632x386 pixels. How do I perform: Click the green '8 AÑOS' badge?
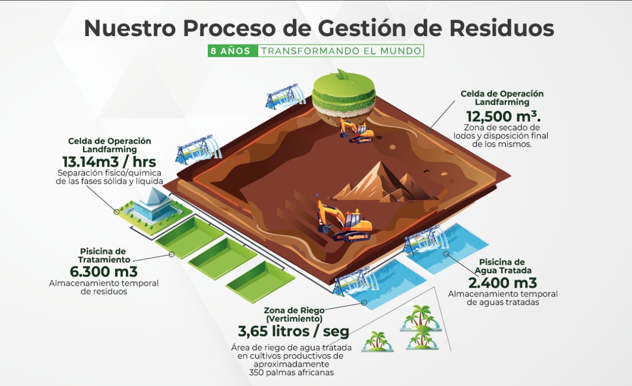233,51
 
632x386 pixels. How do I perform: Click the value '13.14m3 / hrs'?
109,162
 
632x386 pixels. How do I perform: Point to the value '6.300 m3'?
104,271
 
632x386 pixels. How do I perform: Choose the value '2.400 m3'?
503,283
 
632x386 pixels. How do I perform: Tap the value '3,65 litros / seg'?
293,331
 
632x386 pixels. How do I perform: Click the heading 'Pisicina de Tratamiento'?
103,256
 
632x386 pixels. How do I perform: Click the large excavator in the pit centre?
345,220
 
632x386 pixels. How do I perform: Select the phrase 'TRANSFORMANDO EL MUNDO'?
341,51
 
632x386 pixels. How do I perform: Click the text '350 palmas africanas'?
291,372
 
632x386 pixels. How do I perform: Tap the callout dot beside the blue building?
117,212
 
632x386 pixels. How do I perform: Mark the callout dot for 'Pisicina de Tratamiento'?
171,254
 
